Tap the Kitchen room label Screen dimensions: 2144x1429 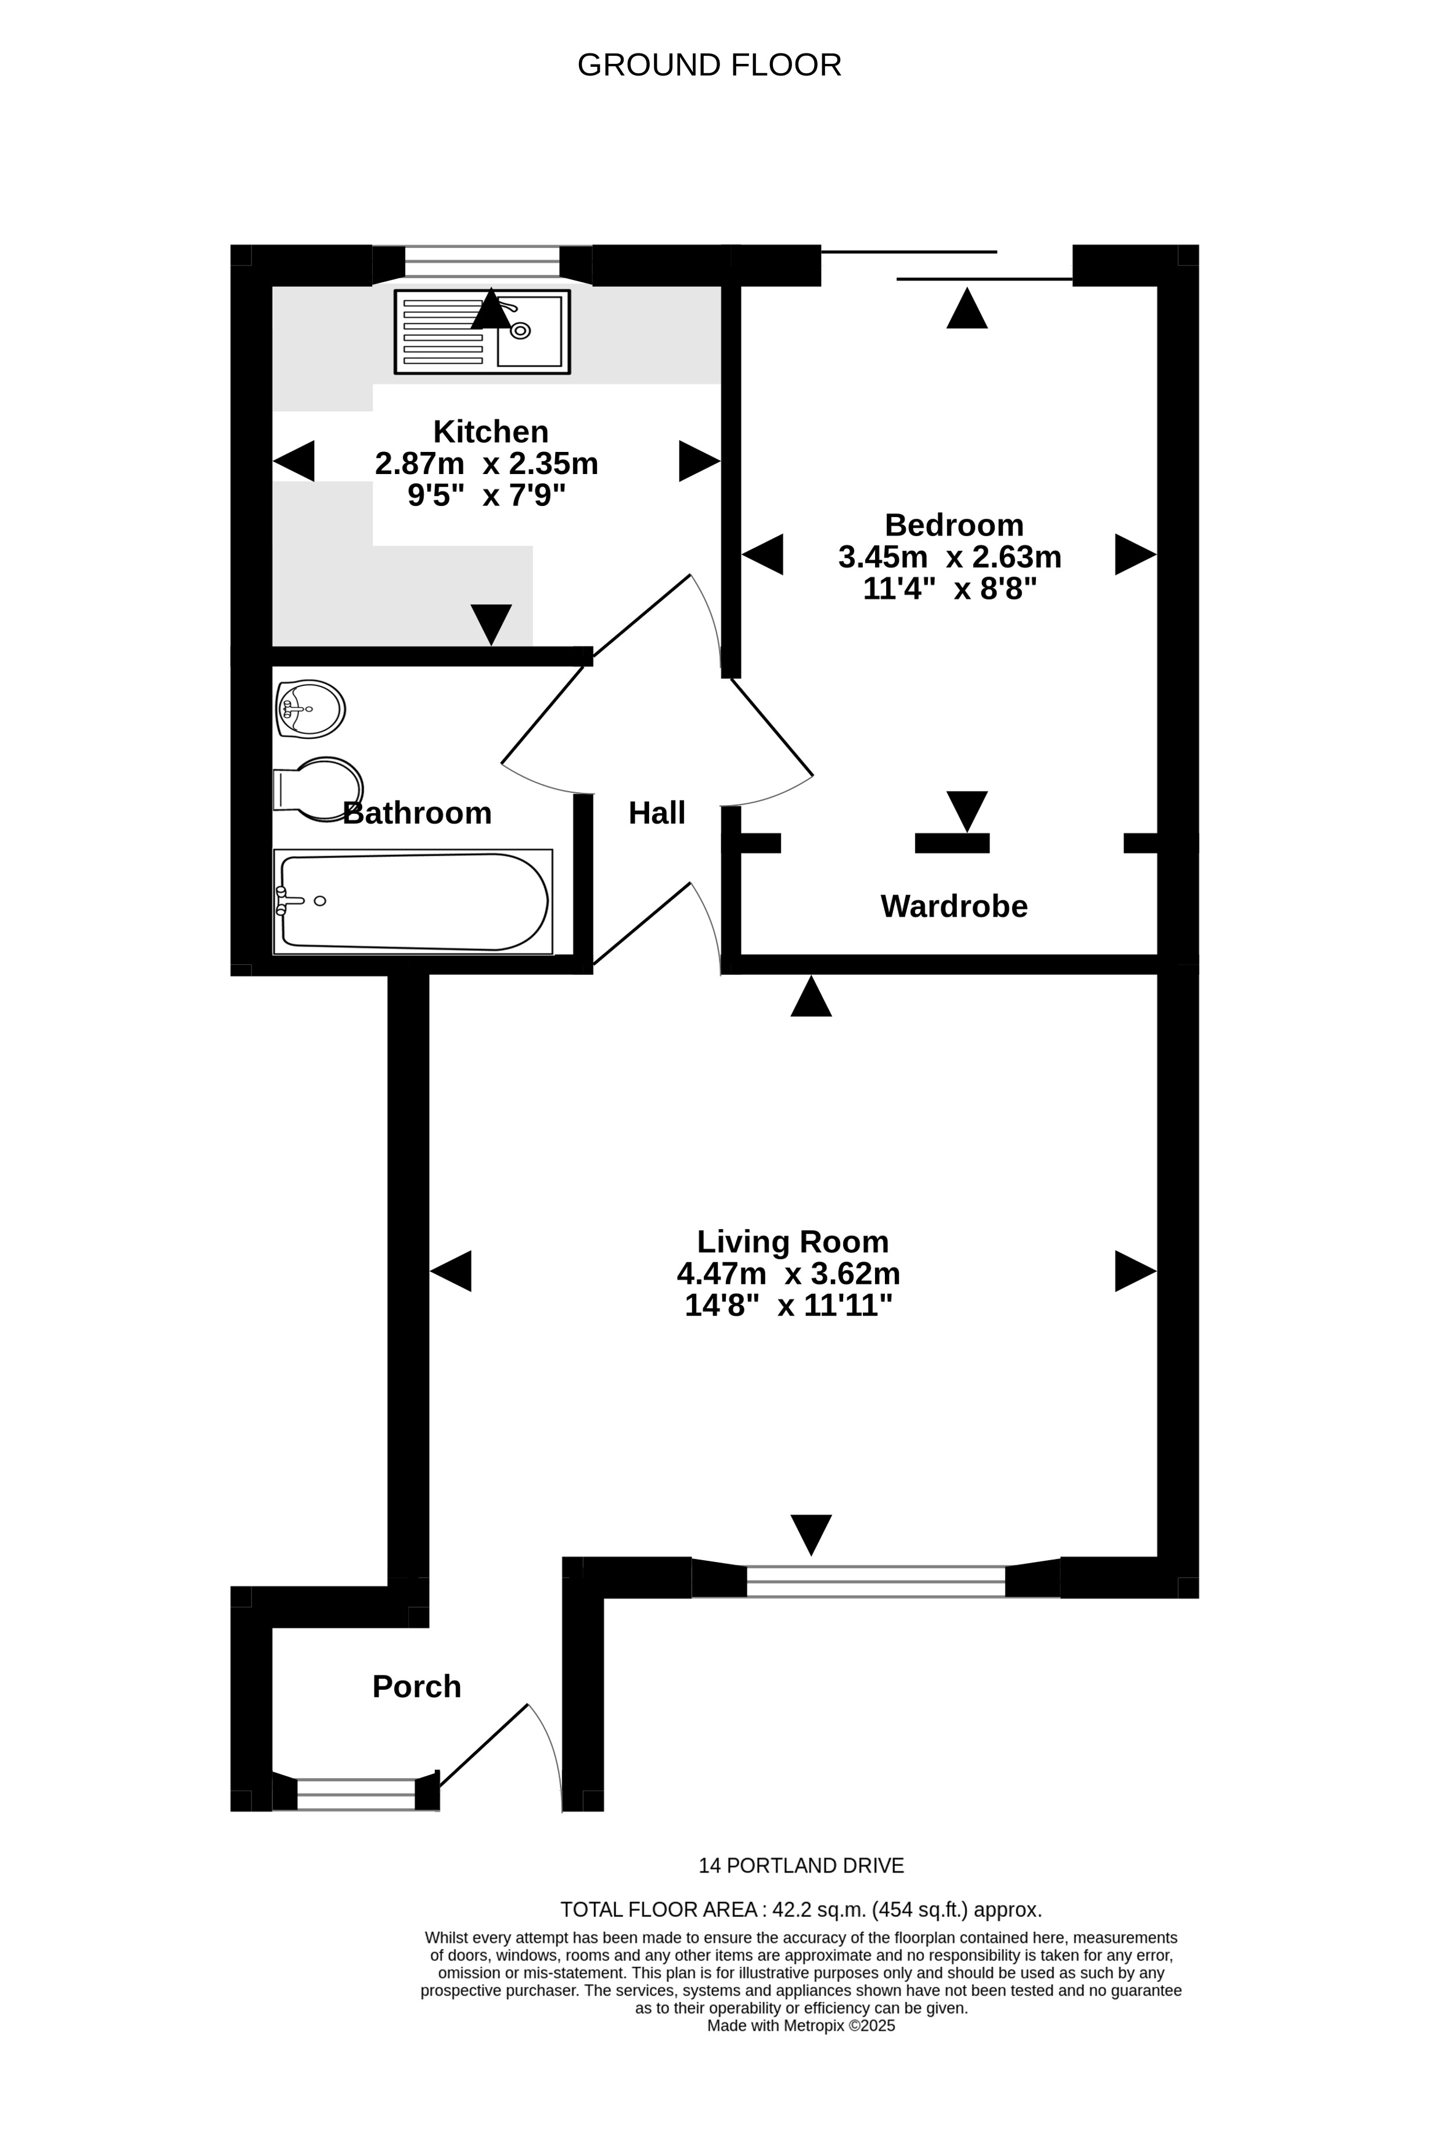[x=490, y=431]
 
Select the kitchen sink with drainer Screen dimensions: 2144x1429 [x=482, y=332]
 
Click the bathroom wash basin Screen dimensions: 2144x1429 [x=310, y=708]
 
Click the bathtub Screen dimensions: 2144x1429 [x=413, y=902]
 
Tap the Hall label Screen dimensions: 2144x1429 [x=656, y=813]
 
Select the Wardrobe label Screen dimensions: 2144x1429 [x=953, y=906]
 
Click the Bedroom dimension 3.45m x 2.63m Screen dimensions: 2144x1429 [x=949, y=556]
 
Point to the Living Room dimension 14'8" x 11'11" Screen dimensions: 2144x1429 [x=789, y=1305]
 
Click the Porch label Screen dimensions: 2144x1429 [x=416, y=1686]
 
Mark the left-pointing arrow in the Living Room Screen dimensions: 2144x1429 [x=451, y=1271]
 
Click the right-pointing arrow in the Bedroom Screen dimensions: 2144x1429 [x=1135, y=554]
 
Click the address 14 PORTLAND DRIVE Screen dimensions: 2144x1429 [x=801, y=1866]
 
